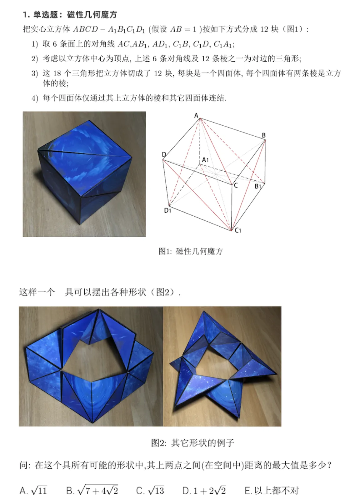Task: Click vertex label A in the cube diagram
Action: click(x=196, y=115)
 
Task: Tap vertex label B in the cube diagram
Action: click(x=264, y=135)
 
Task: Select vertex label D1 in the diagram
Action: click(x=167, y=210)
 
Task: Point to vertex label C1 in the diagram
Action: click(x=238, y=230)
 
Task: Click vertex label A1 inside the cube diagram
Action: click(x=205, y=160)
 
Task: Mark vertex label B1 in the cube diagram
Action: click(x=258, y=186)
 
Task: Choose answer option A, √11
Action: click(x=33, y=491)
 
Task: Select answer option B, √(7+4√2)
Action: click(x=92, y=490)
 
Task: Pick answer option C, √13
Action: click(x=150, y=491)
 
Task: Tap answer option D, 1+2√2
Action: click(x=204, y=491)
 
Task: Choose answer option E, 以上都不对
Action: click(x=272, y=491)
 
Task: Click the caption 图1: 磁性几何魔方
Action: click(x=191, y=251)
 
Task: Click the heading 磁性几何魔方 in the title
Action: click(x=92, y=15)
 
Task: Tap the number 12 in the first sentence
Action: click(x=264, y=29)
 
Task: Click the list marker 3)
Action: click(x=35, y=73)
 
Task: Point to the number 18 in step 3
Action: click(x=57, y=73)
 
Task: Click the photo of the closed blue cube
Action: click(x=84, y=174)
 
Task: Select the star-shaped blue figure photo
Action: click(x=222, y=366)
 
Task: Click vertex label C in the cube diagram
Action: click(x=236, y=185)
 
